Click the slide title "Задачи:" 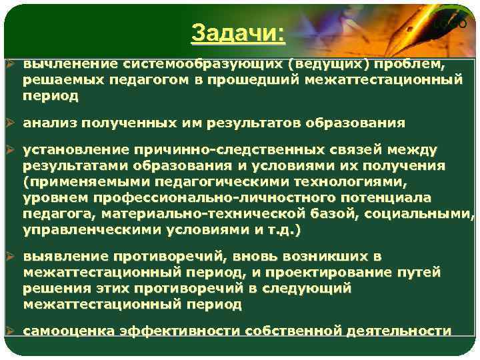click(x=237, y=33)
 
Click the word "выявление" click(x=65, y=257)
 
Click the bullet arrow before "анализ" click(x=11, y=123)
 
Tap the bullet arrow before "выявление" click(x=11, y=257)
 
